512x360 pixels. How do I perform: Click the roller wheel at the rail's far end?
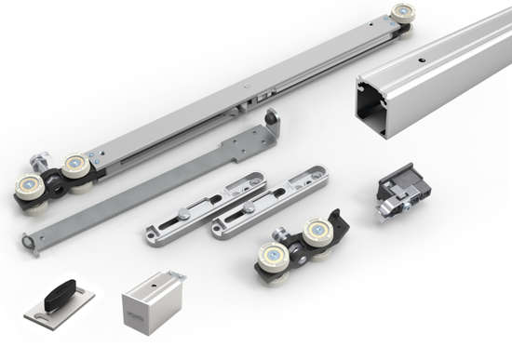403,14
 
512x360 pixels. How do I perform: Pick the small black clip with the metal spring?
402,192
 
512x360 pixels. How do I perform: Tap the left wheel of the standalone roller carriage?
274,257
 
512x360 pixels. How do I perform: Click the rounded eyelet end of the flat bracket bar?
31,244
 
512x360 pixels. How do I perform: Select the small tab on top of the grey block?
176,276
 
